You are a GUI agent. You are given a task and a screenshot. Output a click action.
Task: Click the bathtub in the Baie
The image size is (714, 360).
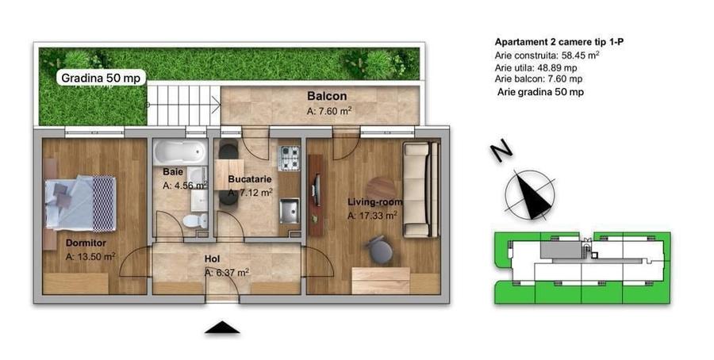pyautogui.click(x=179, y=152)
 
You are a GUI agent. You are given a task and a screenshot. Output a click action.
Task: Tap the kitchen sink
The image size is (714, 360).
pyautogui.click(x=290, y=210)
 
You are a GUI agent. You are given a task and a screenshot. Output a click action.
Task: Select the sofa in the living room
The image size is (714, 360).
pyautogui.click(x=420, y=190)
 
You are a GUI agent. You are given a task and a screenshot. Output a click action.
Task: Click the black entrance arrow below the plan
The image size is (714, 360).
pyautogui.click(x=222, y=327)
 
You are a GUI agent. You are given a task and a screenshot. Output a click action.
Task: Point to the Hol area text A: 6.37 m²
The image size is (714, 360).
pyautogui.click(x=227, y=272)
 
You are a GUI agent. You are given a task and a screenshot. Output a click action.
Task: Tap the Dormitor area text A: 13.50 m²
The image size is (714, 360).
pyautogui.click(x=90, y=257)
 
